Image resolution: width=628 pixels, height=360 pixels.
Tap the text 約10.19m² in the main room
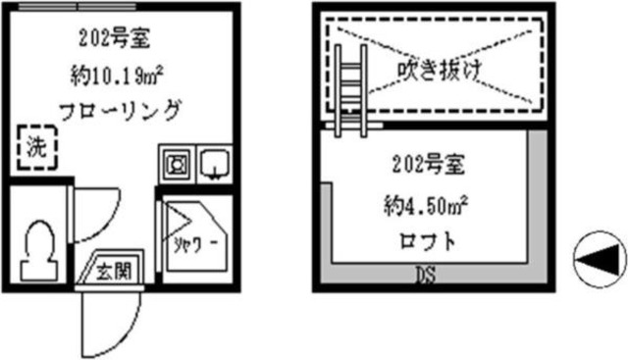pos(119,74)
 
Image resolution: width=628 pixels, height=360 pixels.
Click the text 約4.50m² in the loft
pos(424,206)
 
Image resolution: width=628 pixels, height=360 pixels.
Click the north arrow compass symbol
pos(600,258)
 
